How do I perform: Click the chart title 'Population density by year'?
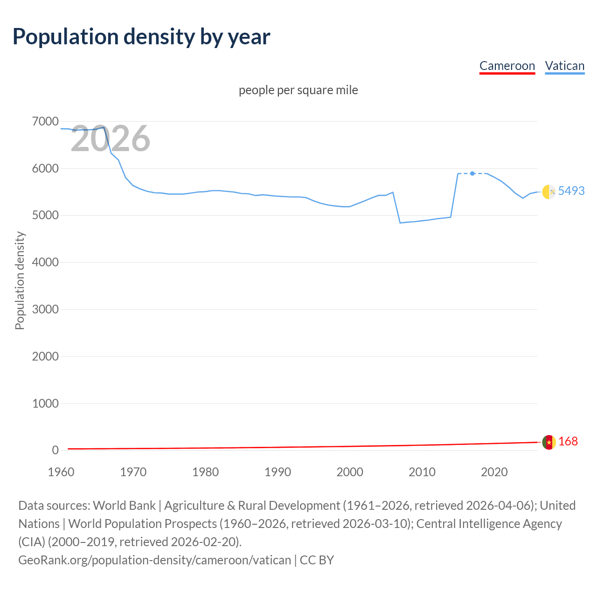coord(141,37)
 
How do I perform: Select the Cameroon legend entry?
coord(507,66)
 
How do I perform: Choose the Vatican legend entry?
coord(564,66)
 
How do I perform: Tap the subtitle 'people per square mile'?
coord(298,90)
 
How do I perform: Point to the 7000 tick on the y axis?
coord(45,122)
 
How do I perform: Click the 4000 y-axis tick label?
coord(45,263)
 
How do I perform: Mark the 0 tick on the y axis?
coord(55,450)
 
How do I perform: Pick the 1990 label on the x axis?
coord(278,472)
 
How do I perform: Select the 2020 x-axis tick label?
coord(494,472)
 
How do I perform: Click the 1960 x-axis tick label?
coord(61,472)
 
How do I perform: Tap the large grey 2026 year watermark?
coord(111,139)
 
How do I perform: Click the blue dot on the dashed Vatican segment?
coord(472,174)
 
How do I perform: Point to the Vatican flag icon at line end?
coord(549,192)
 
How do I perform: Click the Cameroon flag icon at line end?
coord(549,442)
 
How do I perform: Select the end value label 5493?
coord(571,191)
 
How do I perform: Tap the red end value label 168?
coord(568,441)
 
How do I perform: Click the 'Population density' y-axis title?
coord(20,281)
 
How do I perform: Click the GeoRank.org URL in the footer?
coord(154,560)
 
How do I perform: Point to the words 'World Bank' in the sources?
coord(124,506)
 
